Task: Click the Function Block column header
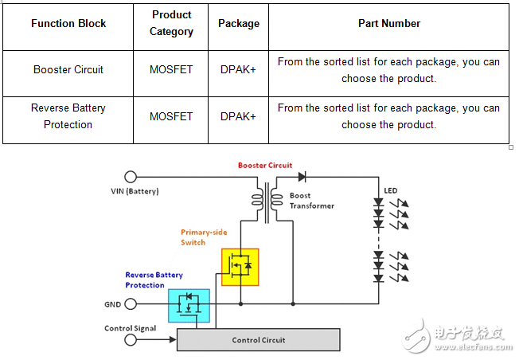(x=68, y=24)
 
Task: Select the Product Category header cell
(x=171, y=24)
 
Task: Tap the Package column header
(x=239, y=24)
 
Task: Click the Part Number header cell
(x=389, y=24)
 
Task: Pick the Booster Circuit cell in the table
(x=68, y=70)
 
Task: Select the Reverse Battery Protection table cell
(x=68, y=116)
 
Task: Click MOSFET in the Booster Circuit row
(x=171, y=70)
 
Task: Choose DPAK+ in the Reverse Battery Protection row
(x=239, y=116)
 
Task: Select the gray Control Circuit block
(x=259, y=340)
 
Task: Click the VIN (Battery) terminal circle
(x=131, y=177)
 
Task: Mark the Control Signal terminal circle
(x=131, y=341)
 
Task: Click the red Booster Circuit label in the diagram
(x=265, y=166)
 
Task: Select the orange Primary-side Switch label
(x=204, y=237)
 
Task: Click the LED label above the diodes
(x=391, y=191)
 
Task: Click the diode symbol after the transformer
(x=302, y=177)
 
